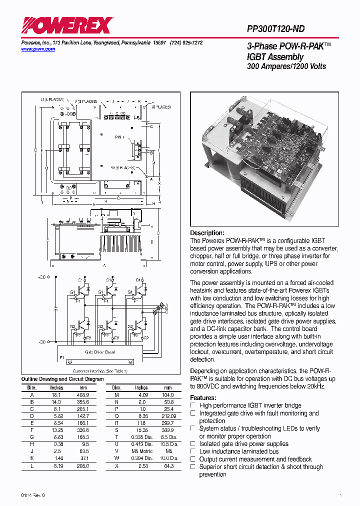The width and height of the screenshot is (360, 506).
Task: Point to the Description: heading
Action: pyautogui.click(x=207, y=233)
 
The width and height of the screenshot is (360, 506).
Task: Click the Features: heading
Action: pyautogui.click(x=203, y=397)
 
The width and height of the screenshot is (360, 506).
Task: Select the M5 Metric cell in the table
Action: pyautogui.click(x=141, y=450)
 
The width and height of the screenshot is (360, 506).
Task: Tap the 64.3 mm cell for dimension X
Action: pyautogui.click(x=168, y=465)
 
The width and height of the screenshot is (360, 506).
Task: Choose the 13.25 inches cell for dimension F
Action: pyautogui.click(x=56, y=429)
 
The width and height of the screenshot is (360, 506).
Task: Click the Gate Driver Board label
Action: pyautogui.click(x=100, y=352)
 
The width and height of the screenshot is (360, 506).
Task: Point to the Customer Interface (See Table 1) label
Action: pyautogui.click(x=100, y=371)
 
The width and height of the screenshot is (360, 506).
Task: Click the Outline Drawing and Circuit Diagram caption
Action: pyautogui.click(x=62, y=379)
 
